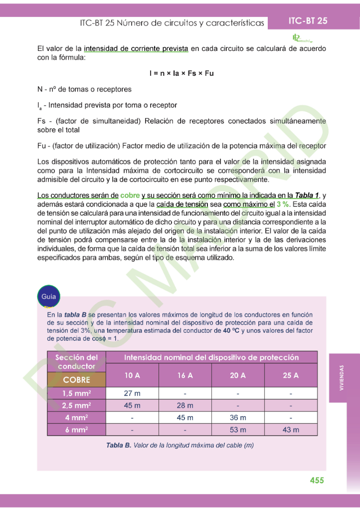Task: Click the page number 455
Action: click(317, 480)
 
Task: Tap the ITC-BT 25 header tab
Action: click(308, 21)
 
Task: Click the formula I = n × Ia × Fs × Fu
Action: click(181, 73)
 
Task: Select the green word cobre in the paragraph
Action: click(130, 195)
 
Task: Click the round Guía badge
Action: click(48, 296)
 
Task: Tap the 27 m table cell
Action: click(132, 393)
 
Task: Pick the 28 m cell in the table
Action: click(184, 405)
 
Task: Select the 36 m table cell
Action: click(238, 417)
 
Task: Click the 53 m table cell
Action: click(238, 429)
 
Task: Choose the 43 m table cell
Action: click(291, 429)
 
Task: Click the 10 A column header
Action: click(132, 375)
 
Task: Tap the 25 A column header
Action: click(291, 375)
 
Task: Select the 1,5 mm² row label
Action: click(77, 393)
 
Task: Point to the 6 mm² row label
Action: click(77, 429)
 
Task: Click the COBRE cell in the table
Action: click(77, 379)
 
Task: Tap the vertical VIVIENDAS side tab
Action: click(342, 378)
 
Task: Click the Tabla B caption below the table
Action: click(180, 445)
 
